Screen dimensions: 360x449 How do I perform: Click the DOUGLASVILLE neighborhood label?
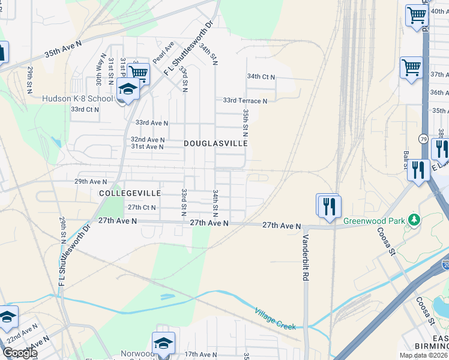(x=215, y=144)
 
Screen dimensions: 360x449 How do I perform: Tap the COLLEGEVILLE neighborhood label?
(x=130, y=193)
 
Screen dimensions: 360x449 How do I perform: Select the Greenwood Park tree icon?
(x=413, y=220)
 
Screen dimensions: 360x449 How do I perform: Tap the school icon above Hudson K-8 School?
(x=128, y=90)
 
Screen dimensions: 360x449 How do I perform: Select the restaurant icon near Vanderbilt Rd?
(x=330, y=206)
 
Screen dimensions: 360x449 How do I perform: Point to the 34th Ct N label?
(x=261, y=77)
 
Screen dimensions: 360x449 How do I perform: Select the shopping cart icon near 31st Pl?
(x=139, y=73)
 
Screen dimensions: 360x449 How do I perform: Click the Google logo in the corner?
(x=19, y=353)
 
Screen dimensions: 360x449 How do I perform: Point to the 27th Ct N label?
(x=142, y=208)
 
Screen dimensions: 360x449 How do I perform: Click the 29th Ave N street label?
(x=90, y=181)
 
